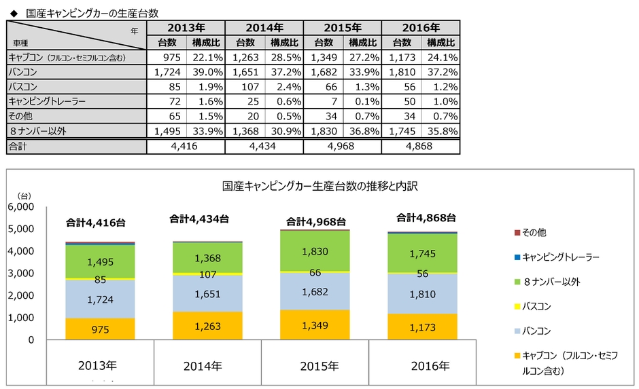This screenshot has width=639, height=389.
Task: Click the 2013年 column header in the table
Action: [x=186, y=28]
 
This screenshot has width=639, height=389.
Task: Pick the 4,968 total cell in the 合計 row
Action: [x=343, y=146]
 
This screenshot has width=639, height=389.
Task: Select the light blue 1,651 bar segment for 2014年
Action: [x=207, y=293]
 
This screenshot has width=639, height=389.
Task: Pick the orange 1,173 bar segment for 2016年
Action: [x=421, y=327]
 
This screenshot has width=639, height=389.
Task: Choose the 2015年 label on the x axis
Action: [x=315, y=366]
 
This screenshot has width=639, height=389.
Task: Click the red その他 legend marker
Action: [x=517, y=232]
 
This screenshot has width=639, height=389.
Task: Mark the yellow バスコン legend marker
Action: [x=517, y=306]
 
